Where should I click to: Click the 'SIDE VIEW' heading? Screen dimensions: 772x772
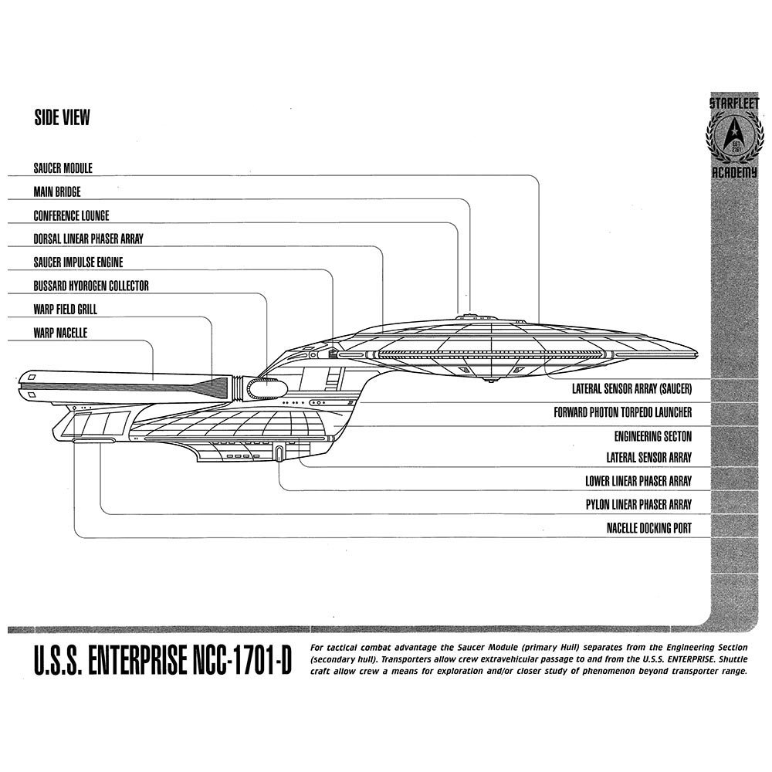pos(62,117)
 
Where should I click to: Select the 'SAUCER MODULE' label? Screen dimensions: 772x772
pos(63,168)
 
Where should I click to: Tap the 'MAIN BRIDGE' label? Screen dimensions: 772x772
pos(56,191)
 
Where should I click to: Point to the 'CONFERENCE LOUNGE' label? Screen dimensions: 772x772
pos(71,215)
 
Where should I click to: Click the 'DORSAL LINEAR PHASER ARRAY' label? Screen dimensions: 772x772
pos(88,239)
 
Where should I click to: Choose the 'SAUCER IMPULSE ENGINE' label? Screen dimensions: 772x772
pos(78,262)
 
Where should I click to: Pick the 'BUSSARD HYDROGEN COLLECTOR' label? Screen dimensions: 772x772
pos(90,286)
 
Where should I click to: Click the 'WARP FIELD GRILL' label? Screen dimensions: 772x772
pos(65,310)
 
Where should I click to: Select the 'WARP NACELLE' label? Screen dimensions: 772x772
pos(59,333)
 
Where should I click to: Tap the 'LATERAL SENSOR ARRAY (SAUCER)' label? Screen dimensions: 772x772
pos(631,388)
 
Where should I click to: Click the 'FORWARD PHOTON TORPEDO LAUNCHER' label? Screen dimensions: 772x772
pos(622,412)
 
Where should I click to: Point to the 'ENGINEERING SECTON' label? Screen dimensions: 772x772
pos(652,435)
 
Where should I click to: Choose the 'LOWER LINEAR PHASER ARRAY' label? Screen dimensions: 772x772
pos(638,481)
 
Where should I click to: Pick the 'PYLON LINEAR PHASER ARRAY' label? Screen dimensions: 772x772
pos(638,505)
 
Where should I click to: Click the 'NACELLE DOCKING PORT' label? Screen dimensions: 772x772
pos(648,529)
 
